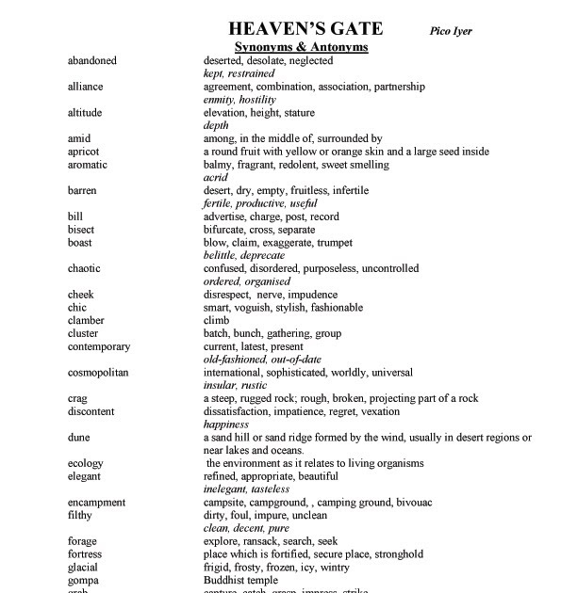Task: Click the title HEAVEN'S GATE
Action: (x=305, y=28)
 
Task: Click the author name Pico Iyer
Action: (x=451, y=31)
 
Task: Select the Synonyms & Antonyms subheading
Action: (x=301, y=47)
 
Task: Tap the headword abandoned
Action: (x=92, y=60)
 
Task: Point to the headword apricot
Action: (x=86, y=152)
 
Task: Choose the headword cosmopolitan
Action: (x=98, y=372)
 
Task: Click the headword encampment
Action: (x=96, y=503)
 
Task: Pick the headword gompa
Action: (x=83, y=580)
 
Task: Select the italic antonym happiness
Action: (x=226, y=425)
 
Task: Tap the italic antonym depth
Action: (x=216, y=125)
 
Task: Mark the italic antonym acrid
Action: (x=216, y=177)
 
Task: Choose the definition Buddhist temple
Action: (x=240, y=580)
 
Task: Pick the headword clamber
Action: (x=86, y=320)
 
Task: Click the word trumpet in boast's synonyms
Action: (x=334, y=243)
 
